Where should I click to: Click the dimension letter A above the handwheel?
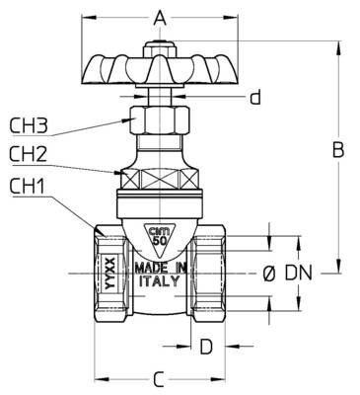pos(160,18)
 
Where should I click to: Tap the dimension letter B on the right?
pos(338,150)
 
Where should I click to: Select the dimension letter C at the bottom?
pos(159,379)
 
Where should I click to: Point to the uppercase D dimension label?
pos(206,347)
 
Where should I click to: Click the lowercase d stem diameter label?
pos(255,97)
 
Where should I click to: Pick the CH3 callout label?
pos(29,126)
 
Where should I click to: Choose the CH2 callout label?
pos(29,154)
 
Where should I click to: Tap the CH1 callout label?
pos(27,187)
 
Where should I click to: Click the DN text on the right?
pos(298,274)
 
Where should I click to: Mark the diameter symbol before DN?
pos(269,274)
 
